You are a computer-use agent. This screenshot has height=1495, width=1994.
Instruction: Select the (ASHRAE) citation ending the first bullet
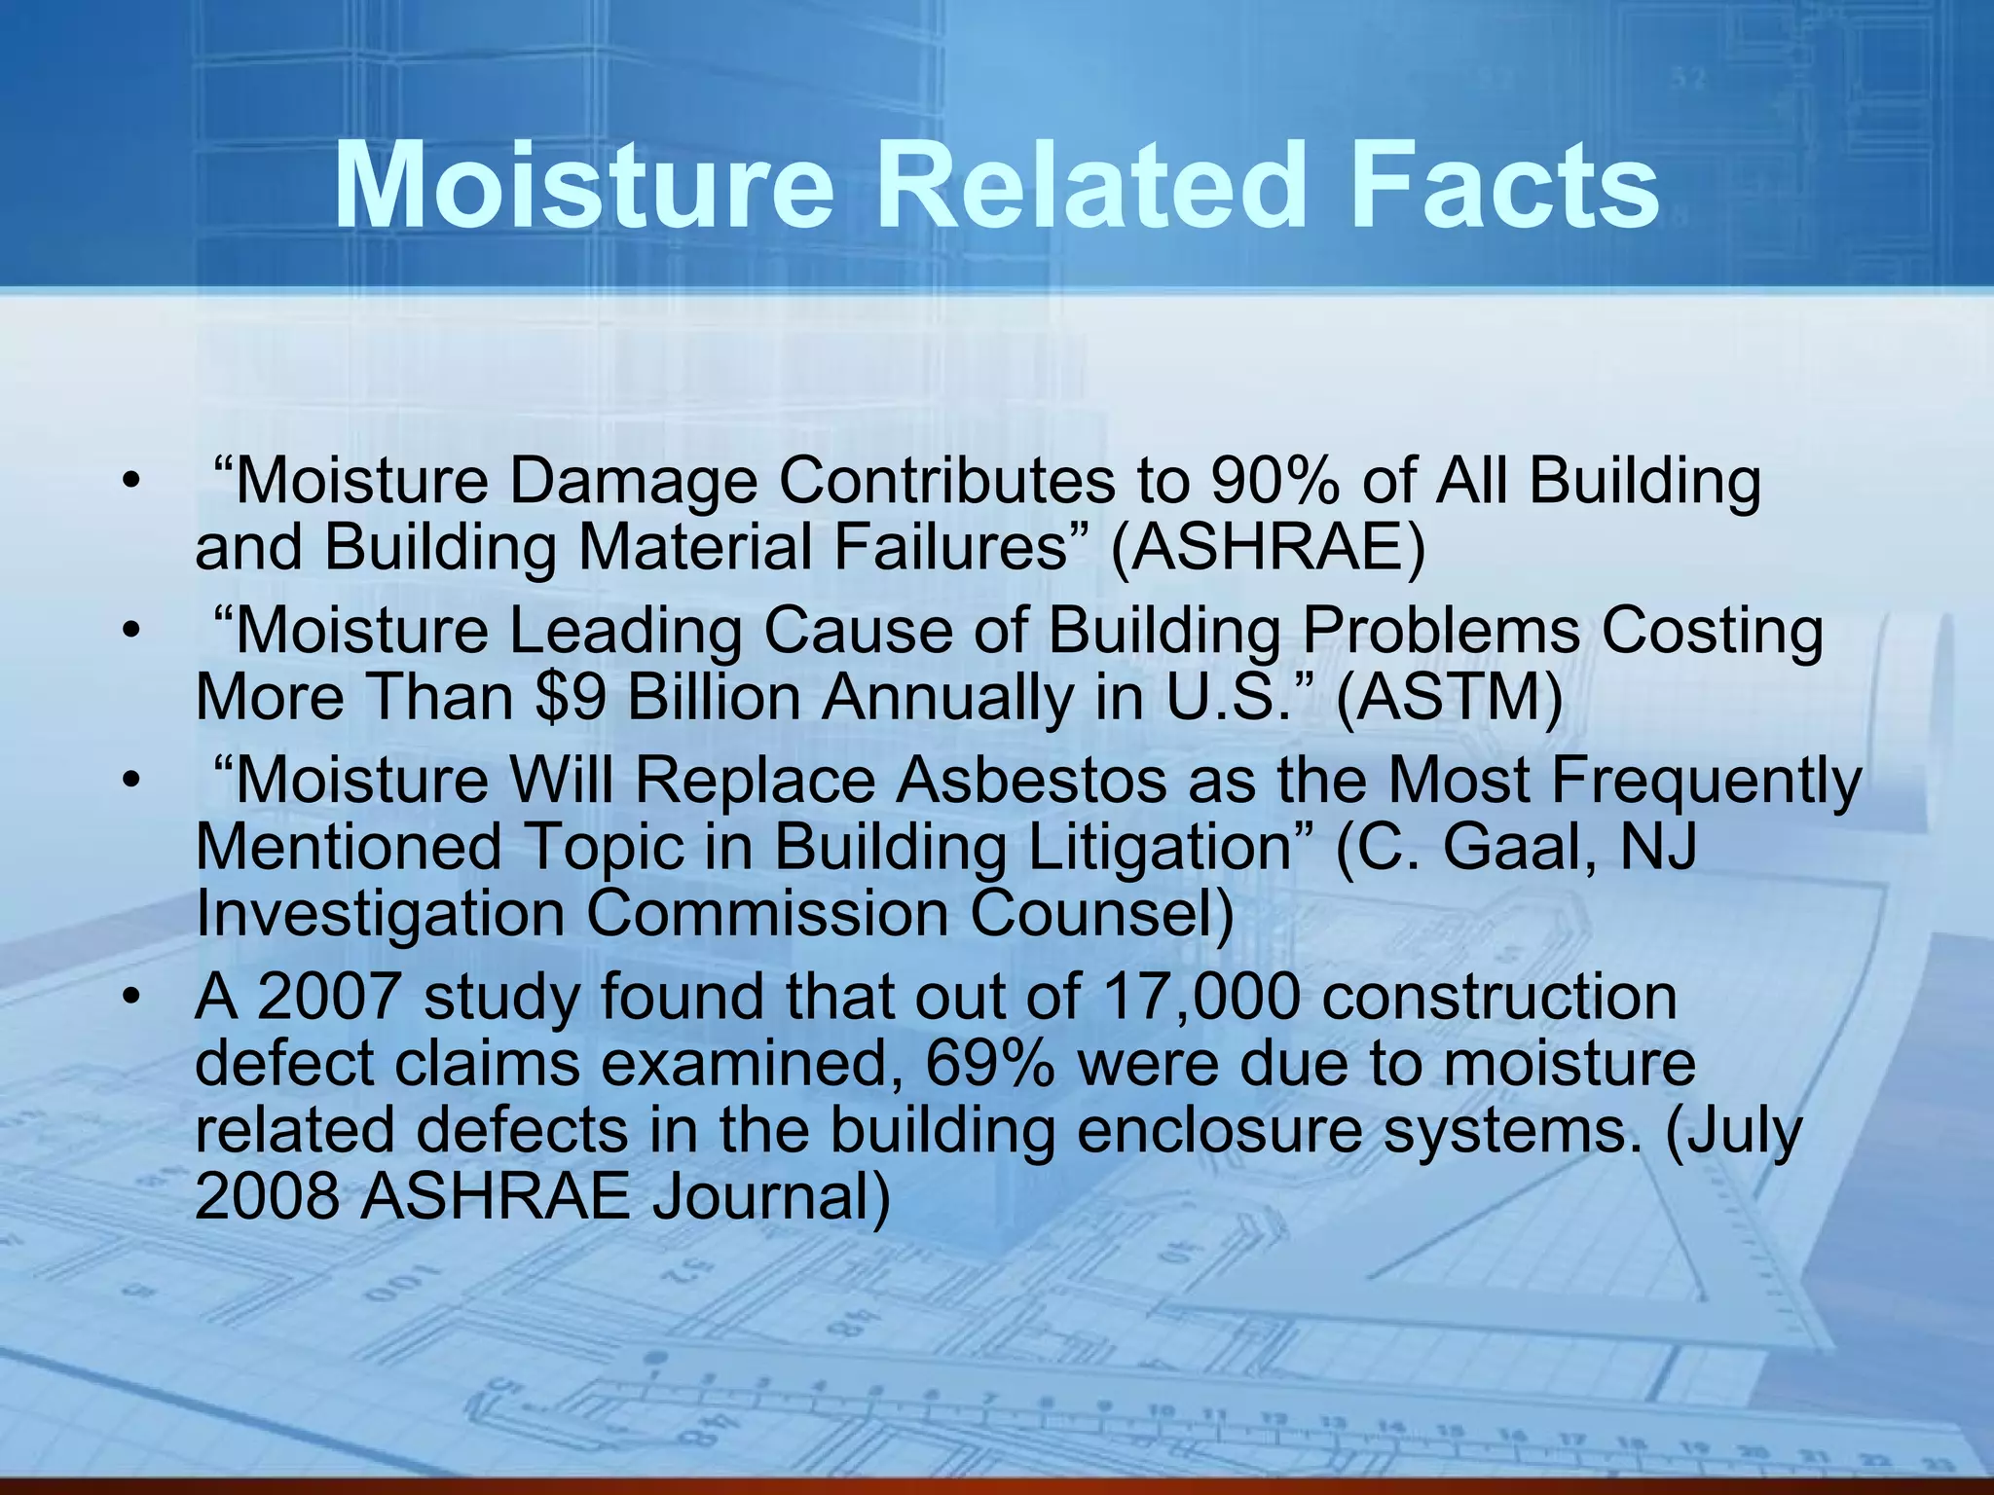[x=1268, y=547]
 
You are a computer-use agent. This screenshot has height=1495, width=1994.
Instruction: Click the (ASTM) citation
[x=1449, y=698]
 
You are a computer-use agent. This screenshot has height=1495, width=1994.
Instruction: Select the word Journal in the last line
[x=770, y=1197]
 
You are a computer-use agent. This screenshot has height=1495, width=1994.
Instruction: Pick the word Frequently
[x=1705, y=781]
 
